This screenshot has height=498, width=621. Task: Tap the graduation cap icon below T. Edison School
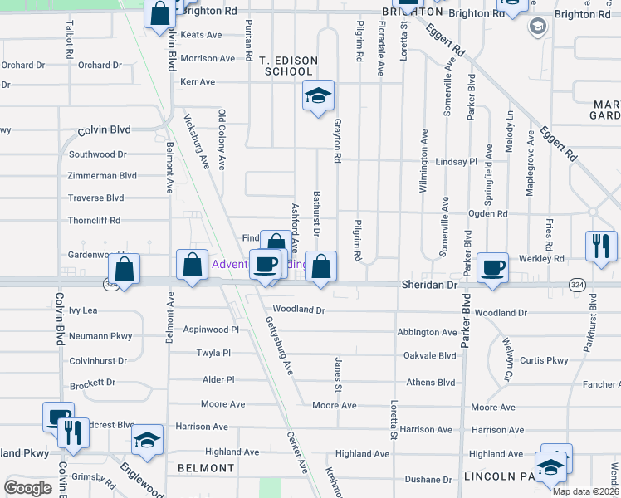[317, 96]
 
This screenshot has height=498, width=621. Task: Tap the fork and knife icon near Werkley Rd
[600, 245]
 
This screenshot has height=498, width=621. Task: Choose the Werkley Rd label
[544, 259]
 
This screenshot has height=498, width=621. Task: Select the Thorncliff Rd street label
[94, 221]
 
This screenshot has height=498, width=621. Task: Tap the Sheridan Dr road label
[429, 285]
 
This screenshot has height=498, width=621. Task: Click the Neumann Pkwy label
[100, 336]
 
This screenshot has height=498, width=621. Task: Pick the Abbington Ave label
[427, 332]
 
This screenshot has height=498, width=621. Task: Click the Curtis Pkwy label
[544, 360]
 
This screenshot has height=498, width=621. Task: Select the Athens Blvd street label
[430, 383]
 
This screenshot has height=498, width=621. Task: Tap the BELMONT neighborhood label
[206, 468]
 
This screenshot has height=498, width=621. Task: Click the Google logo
[27, 488]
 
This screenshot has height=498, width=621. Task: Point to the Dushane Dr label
[428, 481]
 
